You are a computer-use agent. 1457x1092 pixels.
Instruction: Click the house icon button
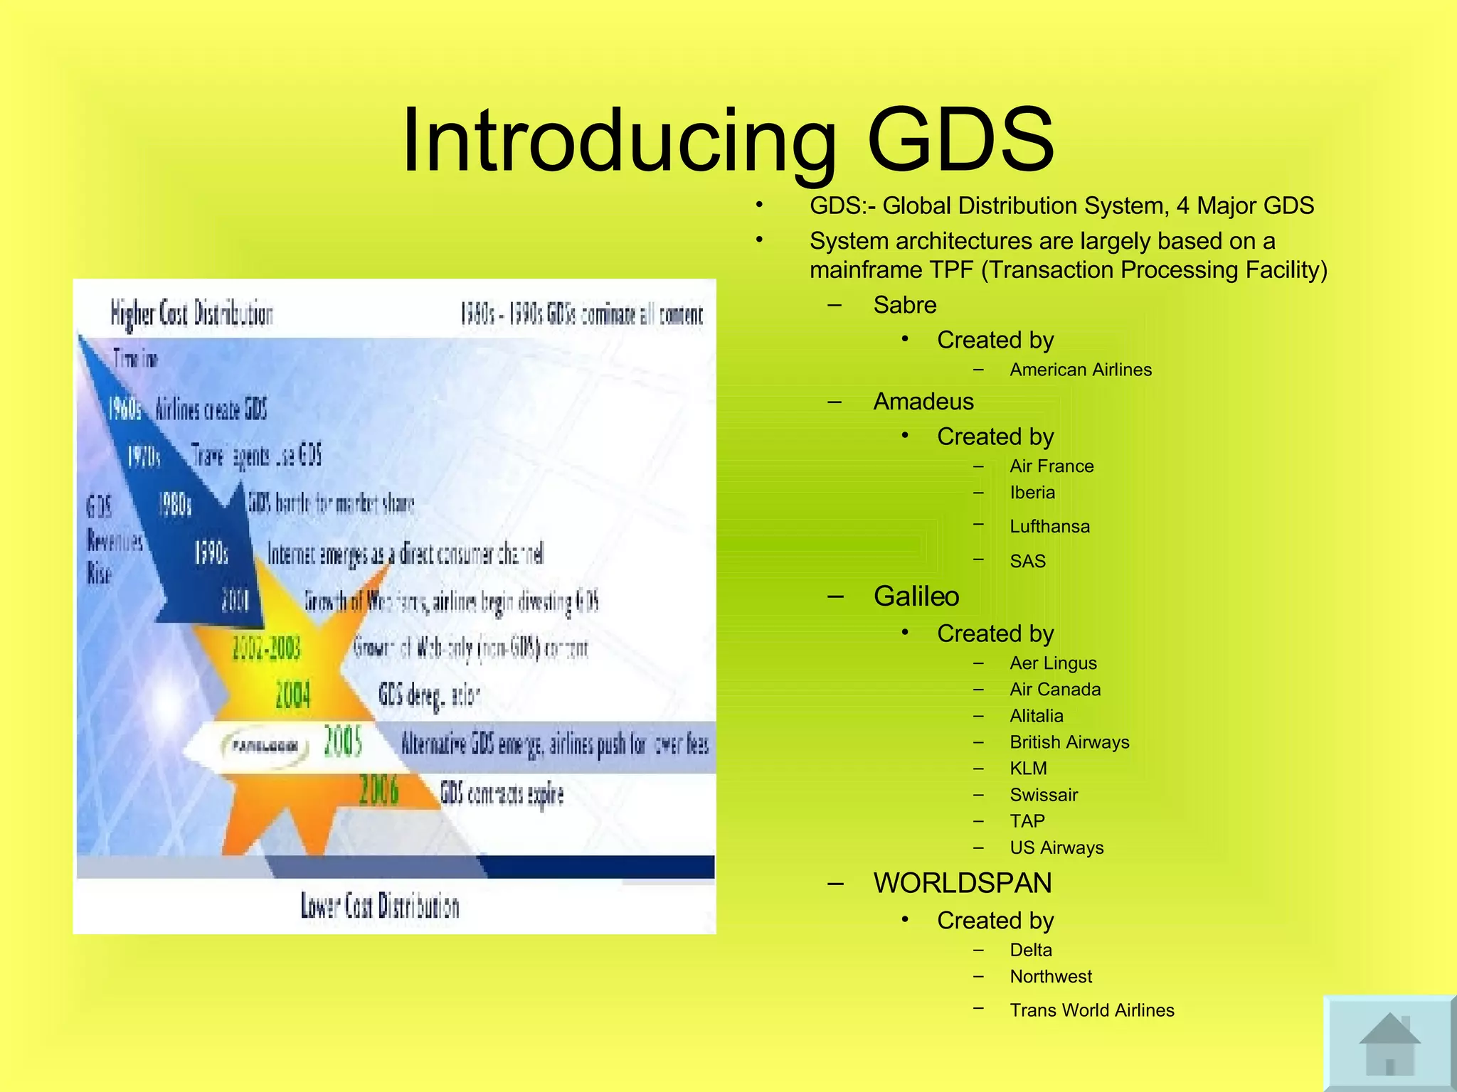[x=1389, y=1044]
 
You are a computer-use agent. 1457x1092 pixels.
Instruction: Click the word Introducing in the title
[x=618, y=140]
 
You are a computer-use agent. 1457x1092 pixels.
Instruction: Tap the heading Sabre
[x=904, y=305]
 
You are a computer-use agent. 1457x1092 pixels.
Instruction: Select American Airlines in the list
[x=1080, y=370]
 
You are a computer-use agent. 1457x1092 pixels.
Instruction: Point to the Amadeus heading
[x=923, y=402]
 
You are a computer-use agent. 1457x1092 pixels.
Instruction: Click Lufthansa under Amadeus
[x=1049, y=527]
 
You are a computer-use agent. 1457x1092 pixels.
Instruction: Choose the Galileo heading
[x=916, y=596]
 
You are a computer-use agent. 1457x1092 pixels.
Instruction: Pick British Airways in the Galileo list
[x=1069, y=742]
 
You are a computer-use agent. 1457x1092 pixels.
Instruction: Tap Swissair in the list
[x=1044, y=795]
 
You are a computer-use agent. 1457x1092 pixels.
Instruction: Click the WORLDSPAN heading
[x=962, y=883]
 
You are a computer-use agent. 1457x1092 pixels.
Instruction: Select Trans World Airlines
[x=1091, y=1010]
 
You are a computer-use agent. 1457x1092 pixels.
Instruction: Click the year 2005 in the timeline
[x=343, y=743]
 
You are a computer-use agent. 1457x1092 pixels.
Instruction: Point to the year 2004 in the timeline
[x=293, y=694]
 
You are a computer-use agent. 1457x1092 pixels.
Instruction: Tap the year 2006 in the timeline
[x=378, y=790]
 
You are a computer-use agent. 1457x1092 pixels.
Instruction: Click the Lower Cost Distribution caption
[x=380, y=906]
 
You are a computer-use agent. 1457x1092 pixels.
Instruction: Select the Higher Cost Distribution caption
[x=191, y=314]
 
